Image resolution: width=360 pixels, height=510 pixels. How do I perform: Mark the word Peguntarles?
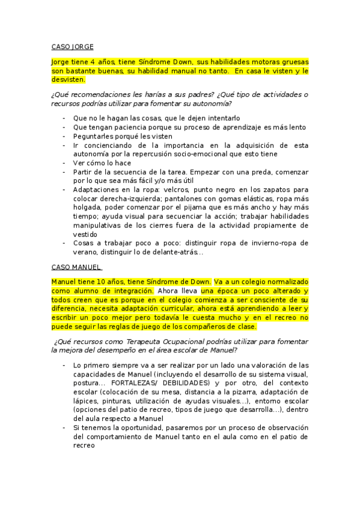94,136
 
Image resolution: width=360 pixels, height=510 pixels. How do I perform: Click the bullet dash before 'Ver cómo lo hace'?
64,162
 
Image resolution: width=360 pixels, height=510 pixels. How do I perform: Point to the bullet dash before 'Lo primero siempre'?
64,365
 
